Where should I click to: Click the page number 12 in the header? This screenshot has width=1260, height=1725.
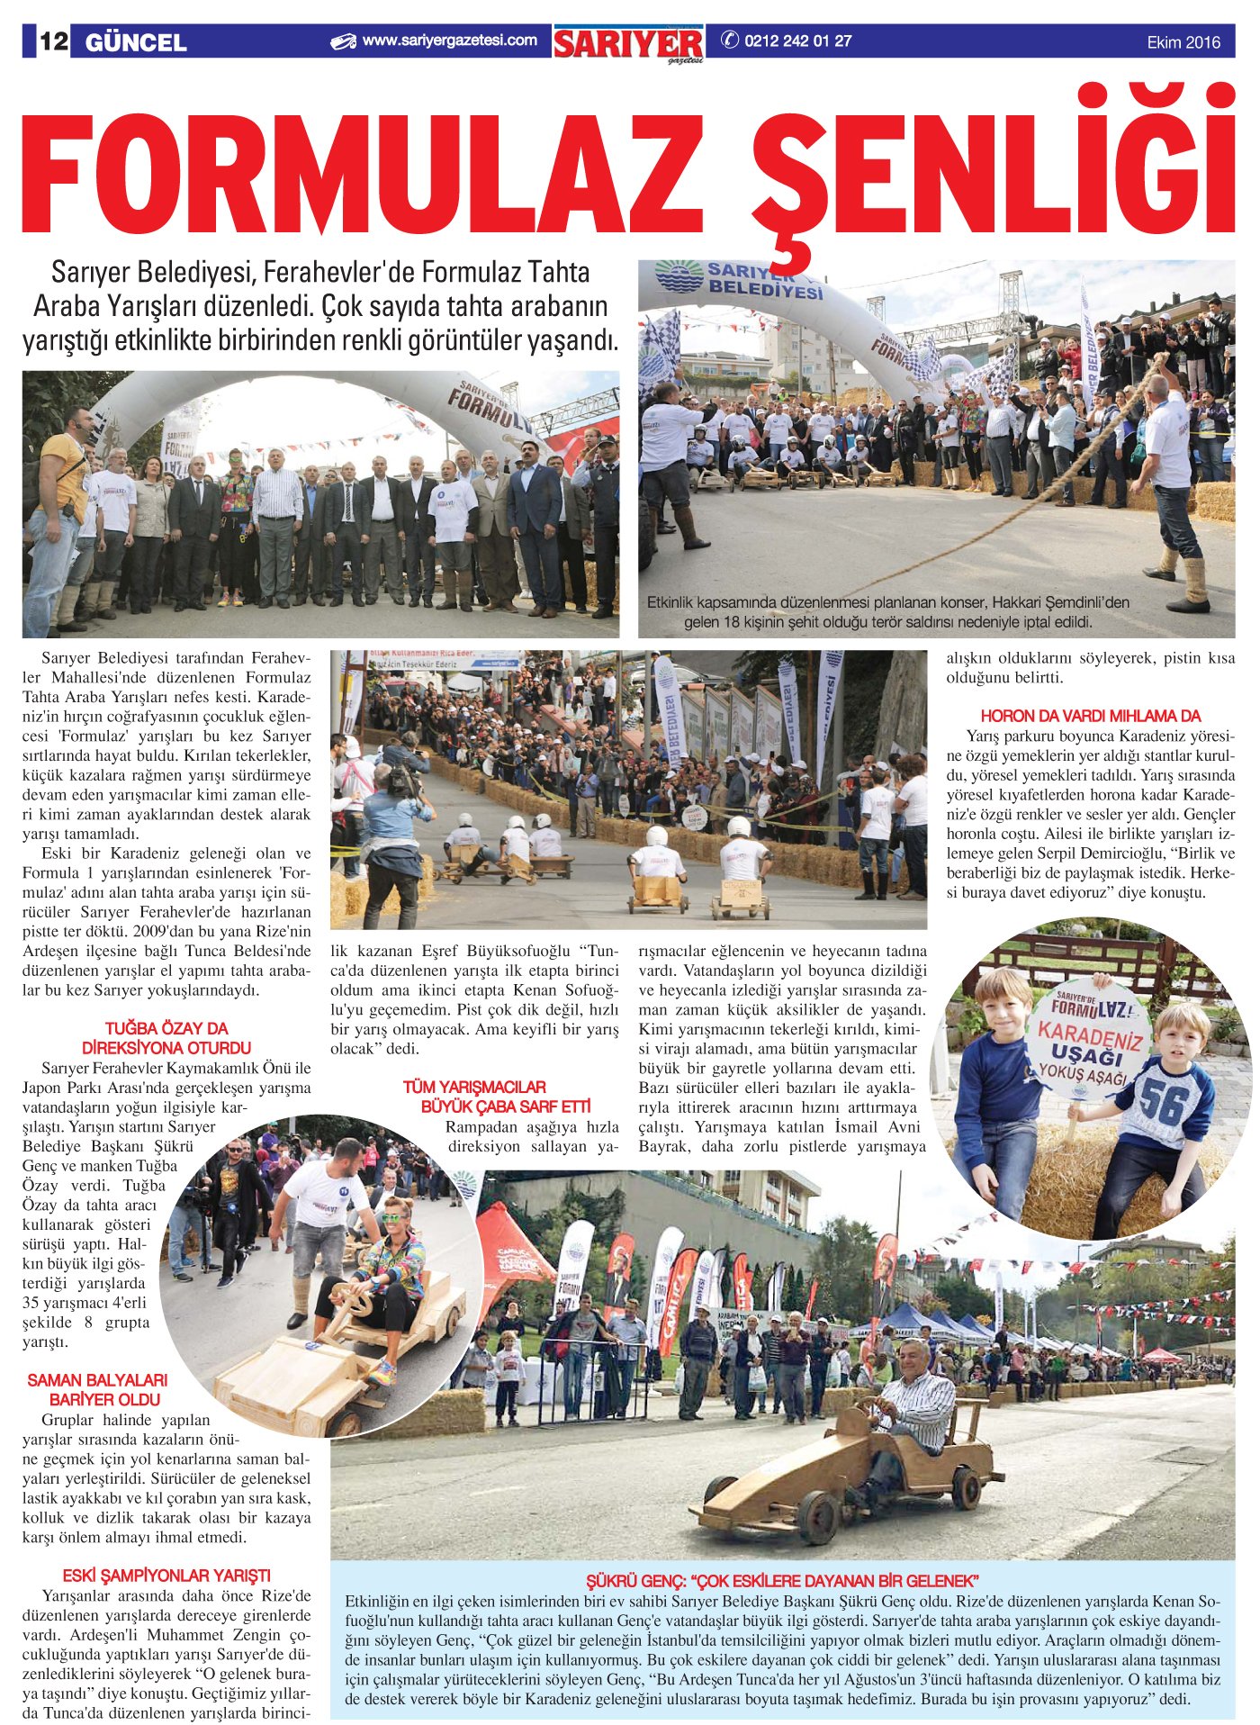pyautogui.click(x=52, y=41)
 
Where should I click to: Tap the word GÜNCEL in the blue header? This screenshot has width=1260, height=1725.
pyautogui.click(x=136, y=42)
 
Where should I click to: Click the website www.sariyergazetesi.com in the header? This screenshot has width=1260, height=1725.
pyautogui.click(x=449, y=41)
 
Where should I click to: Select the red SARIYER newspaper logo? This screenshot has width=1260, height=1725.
pyautogui.click(x=628, y=43)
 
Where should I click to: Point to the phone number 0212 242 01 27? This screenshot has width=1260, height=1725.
pyautogui.click(x=797, y=41)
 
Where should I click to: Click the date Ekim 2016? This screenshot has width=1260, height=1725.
pyautogui.click(x=1183, y=42)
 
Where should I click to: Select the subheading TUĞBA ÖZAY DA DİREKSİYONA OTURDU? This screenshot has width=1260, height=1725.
pyautogui.click(x=166, y=1038)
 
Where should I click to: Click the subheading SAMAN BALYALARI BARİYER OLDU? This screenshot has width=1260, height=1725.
pyautogui.click(x=97, y=1389)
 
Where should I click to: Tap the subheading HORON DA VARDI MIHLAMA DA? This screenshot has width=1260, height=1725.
pyautogui.click(x=1090, y=716)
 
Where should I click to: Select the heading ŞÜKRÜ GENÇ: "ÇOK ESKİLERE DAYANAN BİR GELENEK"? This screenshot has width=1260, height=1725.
pyautogui.click(x=782, y=1581)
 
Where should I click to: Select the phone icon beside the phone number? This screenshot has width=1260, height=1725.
pyautogui.click(x=729, y=41)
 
